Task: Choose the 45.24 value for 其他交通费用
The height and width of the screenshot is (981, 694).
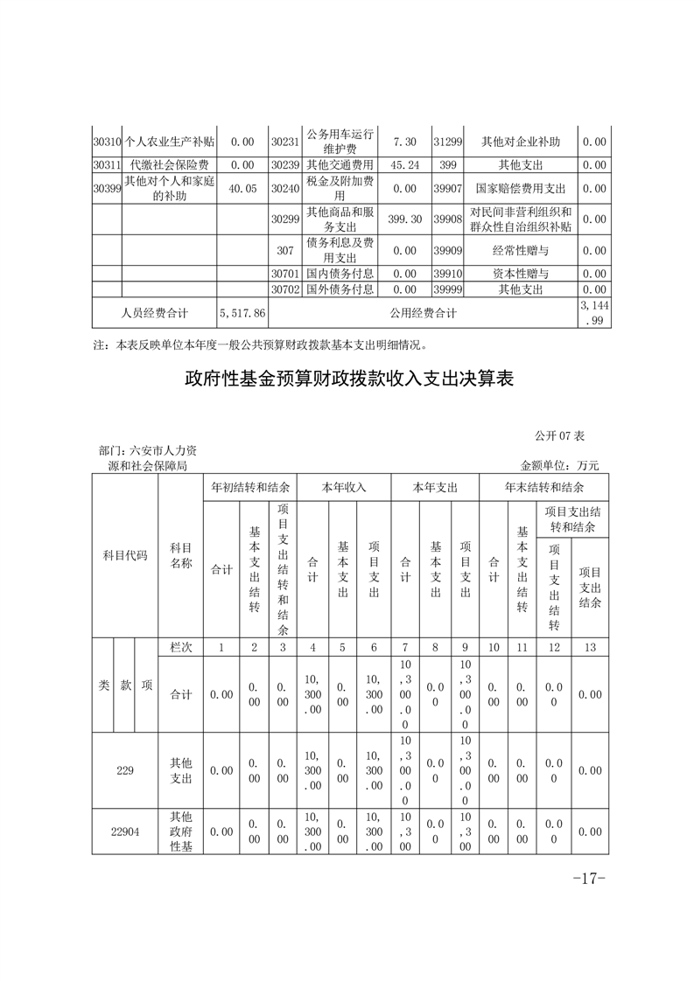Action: [x=405, y=164]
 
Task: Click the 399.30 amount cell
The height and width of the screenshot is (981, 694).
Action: [x=405, y=219]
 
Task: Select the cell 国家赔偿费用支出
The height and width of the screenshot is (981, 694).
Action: [x=521, y=188]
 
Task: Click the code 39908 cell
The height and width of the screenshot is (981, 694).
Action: [x=447, y=219]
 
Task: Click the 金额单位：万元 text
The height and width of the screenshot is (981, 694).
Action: [x=560, y=467]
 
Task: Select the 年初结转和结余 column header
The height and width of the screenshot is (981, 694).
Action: [x=249, y=487]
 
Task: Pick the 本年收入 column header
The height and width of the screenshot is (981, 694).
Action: [x=344, y=487]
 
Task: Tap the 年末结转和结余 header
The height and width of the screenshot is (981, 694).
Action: [x=543, y=487]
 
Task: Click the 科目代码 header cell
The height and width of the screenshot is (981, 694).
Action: [x=125, y=556]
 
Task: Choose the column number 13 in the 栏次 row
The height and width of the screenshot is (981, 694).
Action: [x=590, y=647]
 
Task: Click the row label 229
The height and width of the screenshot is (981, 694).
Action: [x=125, y=770]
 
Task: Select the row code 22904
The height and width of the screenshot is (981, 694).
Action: [x=125, y=831]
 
